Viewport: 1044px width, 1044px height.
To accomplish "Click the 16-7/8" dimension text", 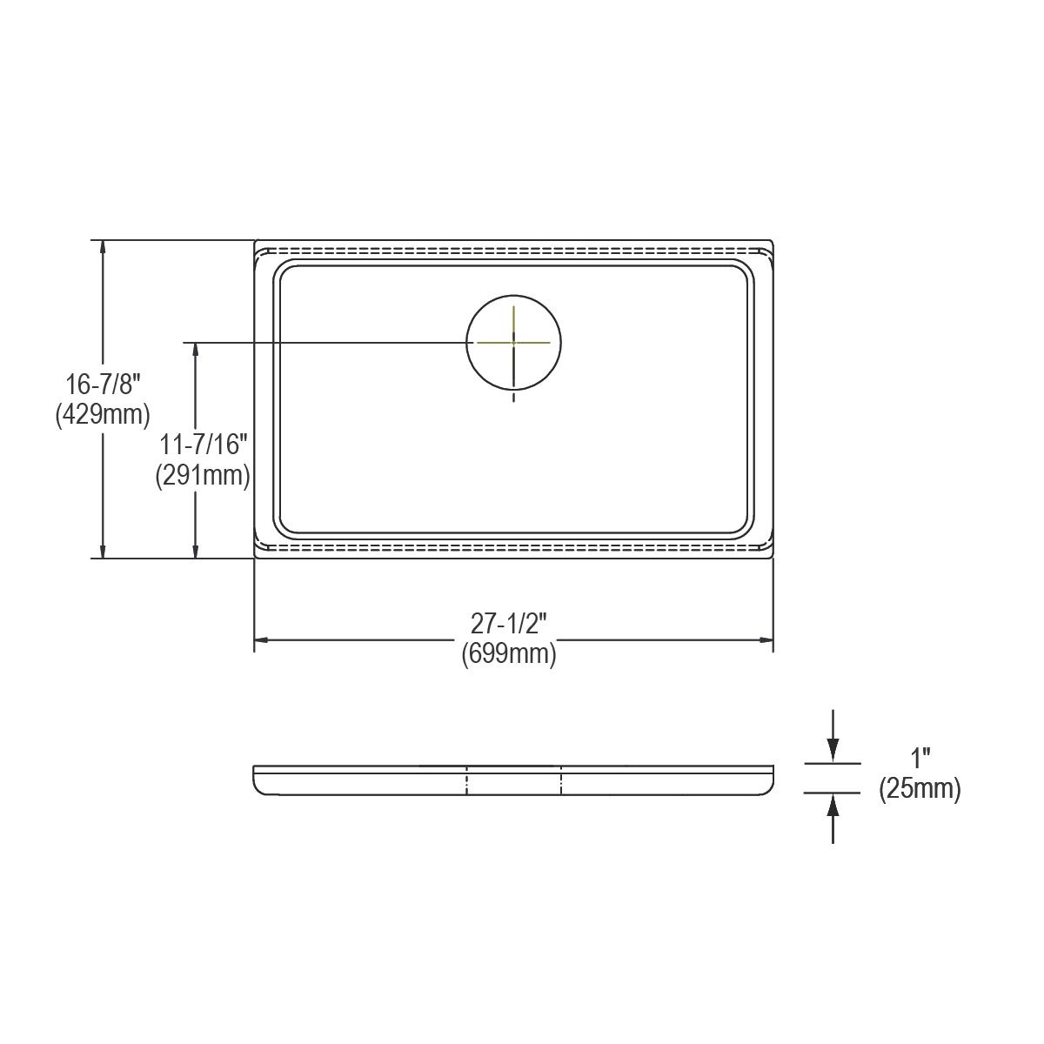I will point(103,384).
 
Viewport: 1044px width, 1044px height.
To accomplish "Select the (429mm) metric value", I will point(103,414).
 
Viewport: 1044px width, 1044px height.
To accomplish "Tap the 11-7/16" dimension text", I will point(204,445).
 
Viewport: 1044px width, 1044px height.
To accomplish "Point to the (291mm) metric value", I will point(204,476).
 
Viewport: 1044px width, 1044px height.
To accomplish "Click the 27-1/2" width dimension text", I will point(509,623).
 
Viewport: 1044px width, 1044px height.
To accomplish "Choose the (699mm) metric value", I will point(509,653).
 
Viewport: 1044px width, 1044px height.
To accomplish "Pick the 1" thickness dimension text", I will point(920,759).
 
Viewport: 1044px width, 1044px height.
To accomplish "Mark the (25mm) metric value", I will point(920,789).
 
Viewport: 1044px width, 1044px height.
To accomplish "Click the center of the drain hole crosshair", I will point(513,343).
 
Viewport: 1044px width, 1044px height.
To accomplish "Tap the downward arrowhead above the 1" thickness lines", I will point(833,750).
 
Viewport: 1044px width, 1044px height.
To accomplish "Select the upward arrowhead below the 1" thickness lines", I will point(833,806).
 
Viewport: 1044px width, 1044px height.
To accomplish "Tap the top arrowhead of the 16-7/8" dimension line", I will point(104,247).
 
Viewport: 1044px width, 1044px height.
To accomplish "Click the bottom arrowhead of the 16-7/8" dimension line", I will point(104,551).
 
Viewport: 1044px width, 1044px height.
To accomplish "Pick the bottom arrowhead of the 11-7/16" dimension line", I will point(195,551).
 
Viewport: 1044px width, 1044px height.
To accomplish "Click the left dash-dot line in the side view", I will point(467,780).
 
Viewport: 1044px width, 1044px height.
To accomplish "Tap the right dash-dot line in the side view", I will point(561,780).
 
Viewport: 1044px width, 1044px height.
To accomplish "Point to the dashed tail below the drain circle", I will point(513,396).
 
